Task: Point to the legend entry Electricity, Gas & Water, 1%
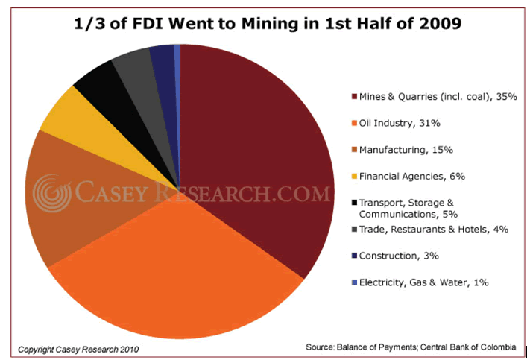[x=423, y=282]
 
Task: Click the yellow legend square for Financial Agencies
[x=353, y=177]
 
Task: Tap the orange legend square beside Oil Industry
[x=353, y=124]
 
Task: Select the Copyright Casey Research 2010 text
[x=78, y=348]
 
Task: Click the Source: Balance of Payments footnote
[x=411, y=347]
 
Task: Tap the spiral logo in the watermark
[x=51, y=193]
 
